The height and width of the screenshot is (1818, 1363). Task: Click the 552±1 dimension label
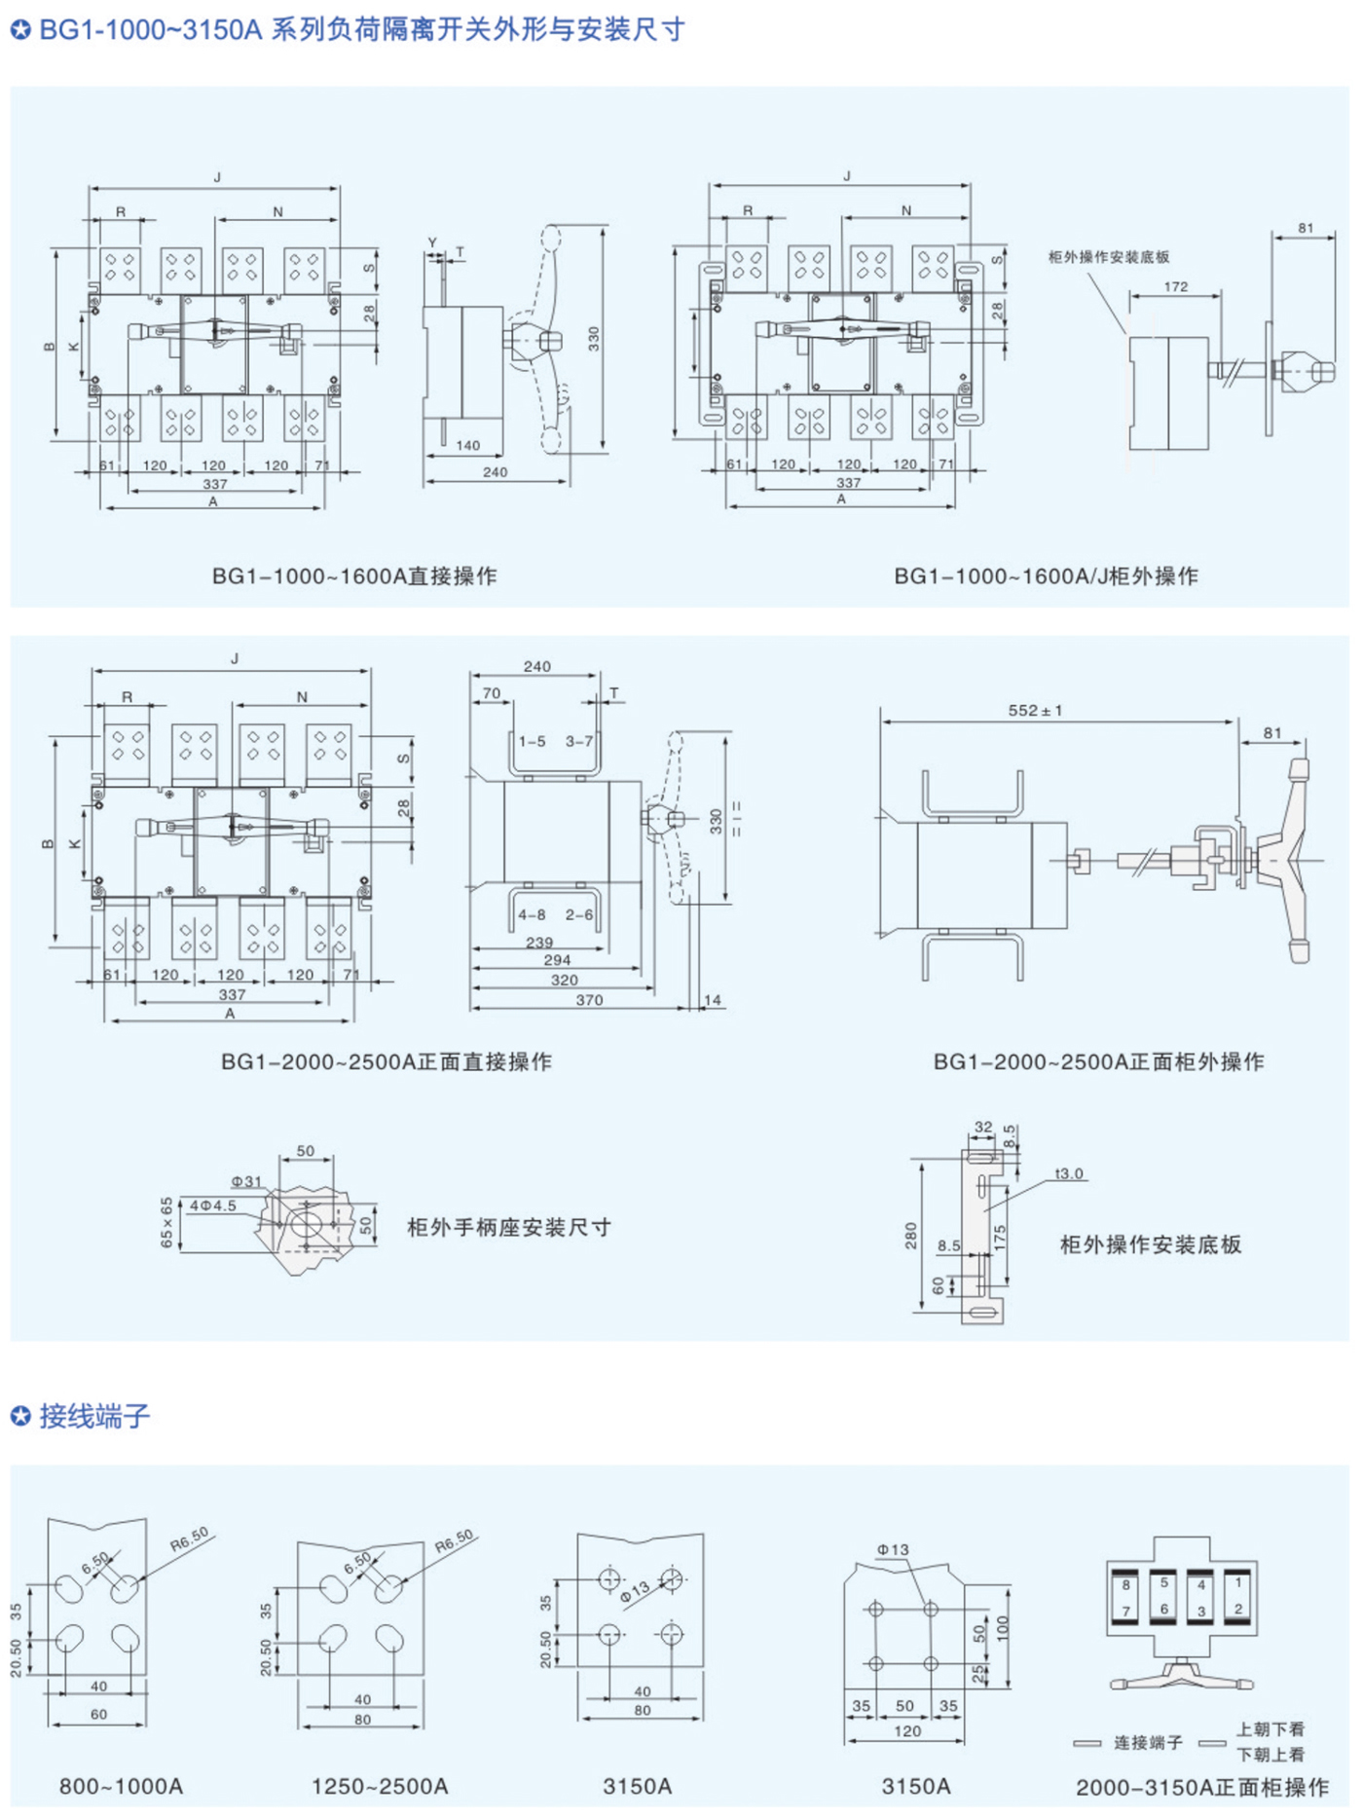click(1034, 711)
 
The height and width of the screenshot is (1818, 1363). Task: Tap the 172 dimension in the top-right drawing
click(1175, 287)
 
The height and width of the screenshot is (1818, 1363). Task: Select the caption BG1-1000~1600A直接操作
click(354, 576)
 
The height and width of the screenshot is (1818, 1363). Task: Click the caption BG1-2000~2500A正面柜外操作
click(1098, 1061)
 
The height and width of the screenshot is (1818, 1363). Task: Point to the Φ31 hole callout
click(246, 1181)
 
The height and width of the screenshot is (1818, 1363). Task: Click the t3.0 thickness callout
click(1068, 1173)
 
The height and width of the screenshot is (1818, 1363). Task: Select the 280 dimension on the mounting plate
click(911, 1236)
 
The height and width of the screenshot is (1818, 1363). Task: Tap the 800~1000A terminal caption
click(121, 1786)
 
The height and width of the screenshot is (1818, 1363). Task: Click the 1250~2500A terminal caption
click(380, 1786)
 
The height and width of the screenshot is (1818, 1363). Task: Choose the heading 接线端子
click(94, 1416)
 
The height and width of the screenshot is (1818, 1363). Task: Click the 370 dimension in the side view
click(589, 1000)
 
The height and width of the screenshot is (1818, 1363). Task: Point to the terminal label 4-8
click(532, 915)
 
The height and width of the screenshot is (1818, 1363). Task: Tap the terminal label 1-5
click(532, 742)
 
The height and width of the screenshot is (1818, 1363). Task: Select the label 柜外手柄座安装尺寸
click(509, 1228)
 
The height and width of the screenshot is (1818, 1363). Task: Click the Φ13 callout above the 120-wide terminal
click(892, 1549)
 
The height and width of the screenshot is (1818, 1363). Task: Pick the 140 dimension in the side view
click(467, 446)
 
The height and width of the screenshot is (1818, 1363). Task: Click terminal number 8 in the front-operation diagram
click(1125, 1585)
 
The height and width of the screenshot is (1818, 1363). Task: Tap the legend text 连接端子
click(1148, 1742)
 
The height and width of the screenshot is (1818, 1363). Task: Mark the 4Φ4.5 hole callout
click(212, 1206)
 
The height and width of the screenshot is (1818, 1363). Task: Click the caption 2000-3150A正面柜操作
click(1201, 1787)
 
